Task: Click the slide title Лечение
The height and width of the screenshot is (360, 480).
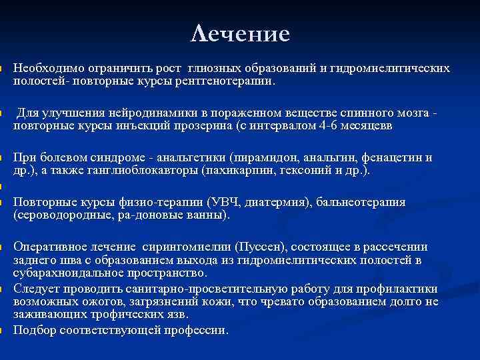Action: (240, 33)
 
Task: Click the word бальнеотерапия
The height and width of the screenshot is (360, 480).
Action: (361, 202)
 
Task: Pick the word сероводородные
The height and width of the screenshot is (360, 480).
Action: (55, 215)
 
